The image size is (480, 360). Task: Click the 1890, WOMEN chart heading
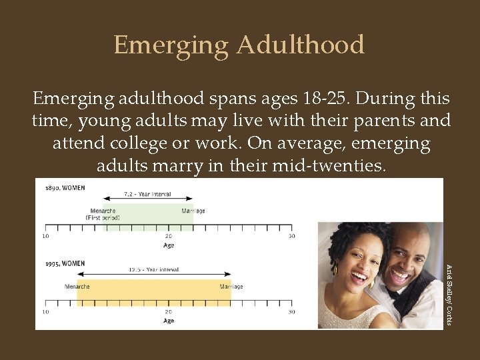65,188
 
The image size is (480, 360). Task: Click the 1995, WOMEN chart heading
65,263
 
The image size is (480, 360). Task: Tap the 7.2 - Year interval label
147,194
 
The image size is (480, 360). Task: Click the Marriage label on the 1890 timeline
193,211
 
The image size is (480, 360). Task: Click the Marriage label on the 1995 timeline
231,287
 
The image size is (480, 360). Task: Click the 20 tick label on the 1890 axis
168,236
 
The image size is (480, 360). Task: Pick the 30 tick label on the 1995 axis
291,311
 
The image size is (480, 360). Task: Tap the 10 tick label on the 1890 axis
45,236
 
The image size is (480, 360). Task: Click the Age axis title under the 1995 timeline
168,321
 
